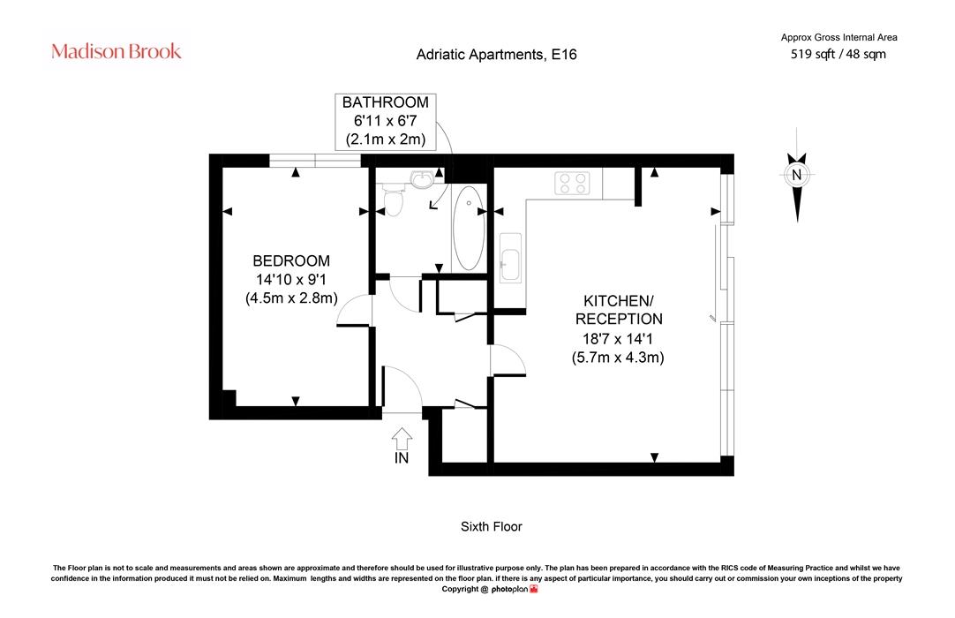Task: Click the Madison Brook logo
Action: pos(117,51)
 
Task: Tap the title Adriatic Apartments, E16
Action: pos(496,55)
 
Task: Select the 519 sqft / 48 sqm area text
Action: pos(838,54)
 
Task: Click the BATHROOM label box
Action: pos(386,121)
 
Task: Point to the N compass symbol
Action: pos(797,175)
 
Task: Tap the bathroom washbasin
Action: pos(422,179)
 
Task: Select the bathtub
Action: pos(469,227)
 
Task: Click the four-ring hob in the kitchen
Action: pos(572,183)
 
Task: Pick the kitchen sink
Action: pos(510,258)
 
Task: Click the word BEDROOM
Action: pos(291,260)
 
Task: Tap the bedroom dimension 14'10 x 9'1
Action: pos(291,280)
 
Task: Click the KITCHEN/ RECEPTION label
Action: pos(619,310)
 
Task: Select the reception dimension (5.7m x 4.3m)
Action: pos(618,358)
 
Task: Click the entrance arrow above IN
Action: pos(402,438)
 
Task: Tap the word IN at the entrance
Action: pos(402,457)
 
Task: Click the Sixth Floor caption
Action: pos(492,526)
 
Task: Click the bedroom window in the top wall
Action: pos(315,161)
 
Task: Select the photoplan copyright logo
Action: pos(515,590)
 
